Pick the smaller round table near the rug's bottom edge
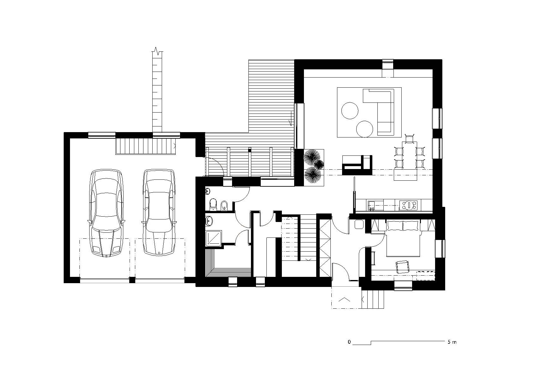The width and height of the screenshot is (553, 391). [x=365, y=129]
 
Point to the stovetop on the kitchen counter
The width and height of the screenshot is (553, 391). [x=408, y=205]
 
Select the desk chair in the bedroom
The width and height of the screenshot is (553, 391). [x=402, y=267]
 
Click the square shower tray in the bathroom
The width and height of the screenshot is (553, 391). [x=214, y=238]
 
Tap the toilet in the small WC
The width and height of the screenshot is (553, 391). [x=213, y=204]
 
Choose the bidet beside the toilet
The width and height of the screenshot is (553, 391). [x=224, y=206]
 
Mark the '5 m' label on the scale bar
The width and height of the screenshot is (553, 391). [x=452, y=342]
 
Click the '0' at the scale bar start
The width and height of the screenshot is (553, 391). [x=349, y=342]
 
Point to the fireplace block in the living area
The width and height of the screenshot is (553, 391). [x=357, y=165]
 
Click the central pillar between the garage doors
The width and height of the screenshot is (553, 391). [x=132, y=280]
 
